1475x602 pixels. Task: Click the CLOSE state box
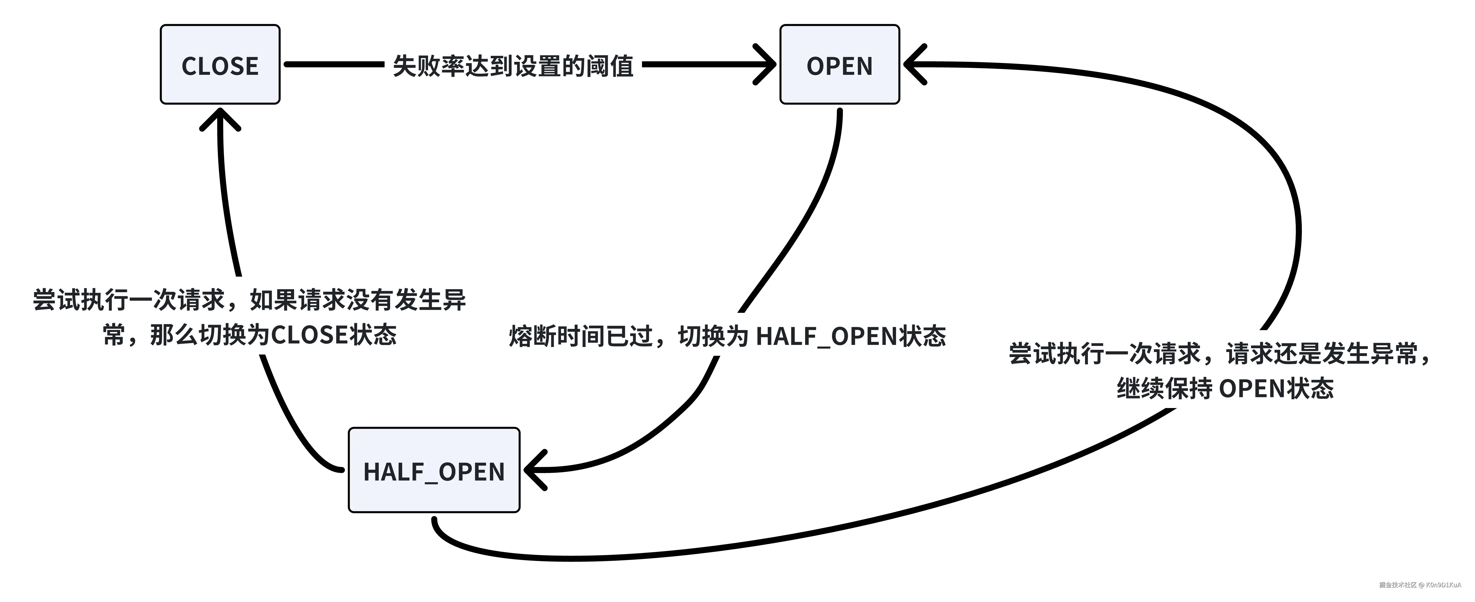220,65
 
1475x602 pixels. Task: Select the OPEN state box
839,65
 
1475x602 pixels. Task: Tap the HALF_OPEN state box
434,470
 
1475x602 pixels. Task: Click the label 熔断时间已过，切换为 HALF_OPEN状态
727,336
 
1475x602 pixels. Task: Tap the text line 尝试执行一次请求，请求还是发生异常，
1220,354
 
